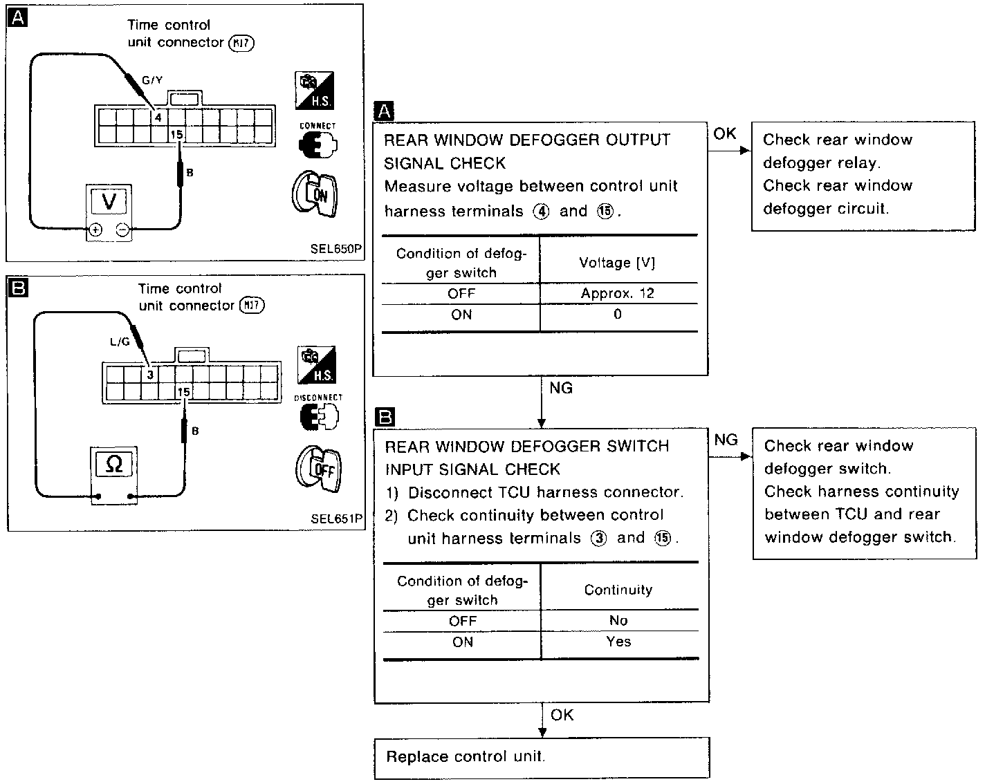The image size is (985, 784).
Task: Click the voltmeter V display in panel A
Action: tap(109, 201)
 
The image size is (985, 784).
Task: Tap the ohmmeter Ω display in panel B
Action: tap(114, 465)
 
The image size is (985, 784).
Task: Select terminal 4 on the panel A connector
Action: tap(158, 117)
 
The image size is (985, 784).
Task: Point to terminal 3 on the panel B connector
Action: tap(149, 375)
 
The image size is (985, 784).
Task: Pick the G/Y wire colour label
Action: tap(152, 80)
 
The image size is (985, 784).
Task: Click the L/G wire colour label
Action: tap(120, 342)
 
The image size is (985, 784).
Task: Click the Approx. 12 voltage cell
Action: tap(617, 293)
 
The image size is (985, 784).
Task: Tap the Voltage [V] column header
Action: tap(617, 263)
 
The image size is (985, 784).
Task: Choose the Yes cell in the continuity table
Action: tap(618, 642)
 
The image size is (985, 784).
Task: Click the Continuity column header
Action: tap(618, 590)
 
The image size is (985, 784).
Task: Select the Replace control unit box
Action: tap(542, 757)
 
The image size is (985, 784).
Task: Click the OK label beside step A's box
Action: tap(724, 133)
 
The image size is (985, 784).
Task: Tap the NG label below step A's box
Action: tap(561, 389)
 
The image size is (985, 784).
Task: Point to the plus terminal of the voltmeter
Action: tap(95, 231)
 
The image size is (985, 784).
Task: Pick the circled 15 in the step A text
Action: tap(605, 212)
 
